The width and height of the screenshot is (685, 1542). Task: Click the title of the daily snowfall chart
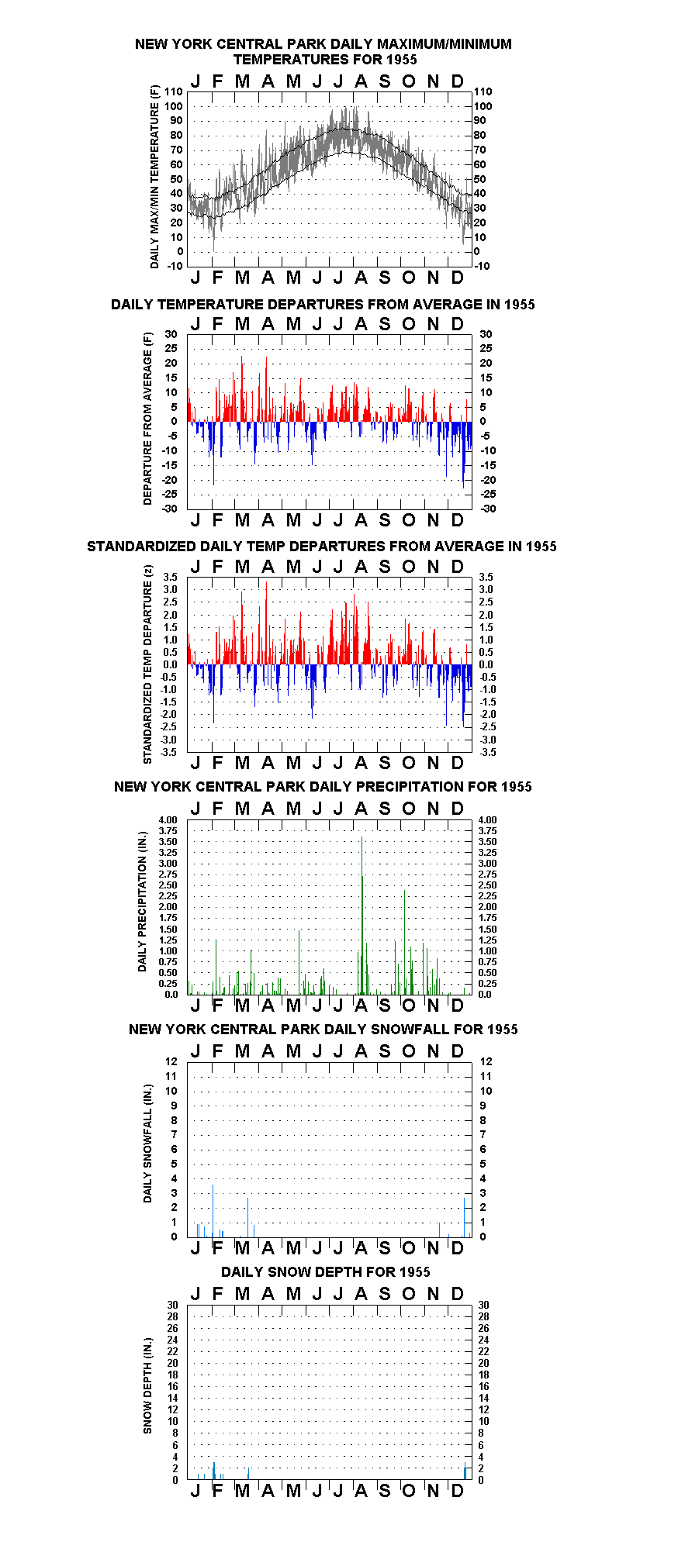[x=323, y=1029]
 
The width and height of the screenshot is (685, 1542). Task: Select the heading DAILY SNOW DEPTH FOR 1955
[x=325, y=1271]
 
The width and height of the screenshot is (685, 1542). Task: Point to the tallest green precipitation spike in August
[x=362, y=915]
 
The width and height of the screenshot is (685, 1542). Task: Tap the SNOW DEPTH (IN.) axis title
[x=147, y=1385]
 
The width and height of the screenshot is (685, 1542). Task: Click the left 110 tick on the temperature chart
[x=174, y=91]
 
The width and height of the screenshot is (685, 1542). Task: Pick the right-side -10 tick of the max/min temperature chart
[x=482, y=266]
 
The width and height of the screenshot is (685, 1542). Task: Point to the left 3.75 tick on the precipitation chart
[x=168, y=830]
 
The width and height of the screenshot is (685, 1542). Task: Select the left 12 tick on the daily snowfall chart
[x=171, y=1061]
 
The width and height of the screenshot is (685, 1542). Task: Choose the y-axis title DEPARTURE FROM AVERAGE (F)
[x=147, y=419]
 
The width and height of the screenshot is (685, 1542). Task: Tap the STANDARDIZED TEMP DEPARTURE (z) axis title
[x=147, y=664]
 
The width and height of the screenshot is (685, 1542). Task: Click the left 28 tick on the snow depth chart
[x=172, y=1316]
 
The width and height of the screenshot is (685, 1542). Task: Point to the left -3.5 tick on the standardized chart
[x=168, y=752]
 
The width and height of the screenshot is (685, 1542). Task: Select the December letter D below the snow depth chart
[x=458, y=1490]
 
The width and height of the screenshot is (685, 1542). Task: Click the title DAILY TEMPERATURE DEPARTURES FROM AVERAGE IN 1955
[x=323, y=304]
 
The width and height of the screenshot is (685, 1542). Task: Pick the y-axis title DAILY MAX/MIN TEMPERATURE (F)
[x=154, y=177]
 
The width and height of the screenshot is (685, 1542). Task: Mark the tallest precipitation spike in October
[x=405, y=942]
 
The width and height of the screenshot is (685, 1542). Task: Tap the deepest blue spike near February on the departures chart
[x=214, y=453]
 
